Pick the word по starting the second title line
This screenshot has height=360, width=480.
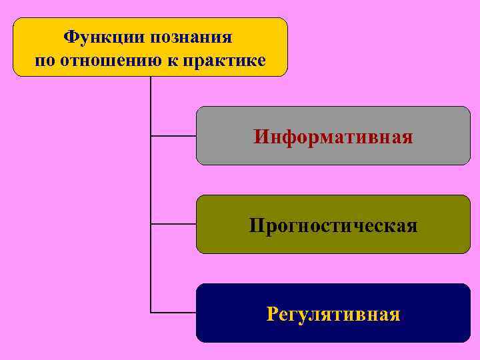click(44, 61)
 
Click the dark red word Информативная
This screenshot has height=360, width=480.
click(333, 137)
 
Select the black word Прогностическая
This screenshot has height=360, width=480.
click(333, 225)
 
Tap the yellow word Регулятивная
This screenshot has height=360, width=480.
click(333, 313)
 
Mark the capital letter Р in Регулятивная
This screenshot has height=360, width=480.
click(271, 313)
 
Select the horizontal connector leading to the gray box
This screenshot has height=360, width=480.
click(173, 136)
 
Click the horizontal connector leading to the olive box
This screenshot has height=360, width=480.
click(173, 224)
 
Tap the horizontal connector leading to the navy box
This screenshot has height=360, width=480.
click(173, 312)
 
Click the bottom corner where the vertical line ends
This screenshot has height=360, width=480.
click(151, 312)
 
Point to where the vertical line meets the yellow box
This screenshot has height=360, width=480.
click(151, 77)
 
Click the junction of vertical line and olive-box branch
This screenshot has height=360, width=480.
click(151, 224)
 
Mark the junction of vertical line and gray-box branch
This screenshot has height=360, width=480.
click(151, 136)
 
